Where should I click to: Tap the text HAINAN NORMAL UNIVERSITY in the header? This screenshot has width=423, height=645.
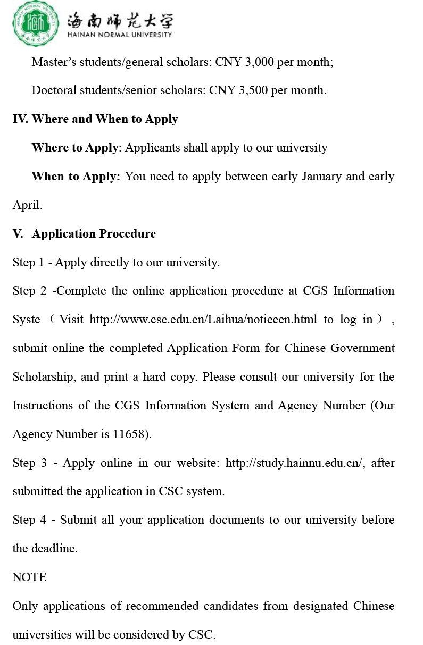pyautogui.click(x=120, y=35)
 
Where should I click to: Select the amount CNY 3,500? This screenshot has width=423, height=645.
pyautogui.click(x=238, y=90)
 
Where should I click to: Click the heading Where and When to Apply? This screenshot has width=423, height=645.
pyautogui.click(x=105, y=119)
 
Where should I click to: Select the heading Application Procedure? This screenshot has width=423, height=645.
pyautogui.click(x=94, y=233)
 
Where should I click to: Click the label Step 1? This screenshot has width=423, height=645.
pyautogui.click(x=29, y=262)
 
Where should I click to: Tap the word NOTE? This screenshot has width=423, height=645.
pyautogui.click(x=29, y=577)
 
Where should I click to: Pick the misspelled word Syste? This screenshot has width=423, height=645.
pyautogui.click(x=27, y=320)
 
